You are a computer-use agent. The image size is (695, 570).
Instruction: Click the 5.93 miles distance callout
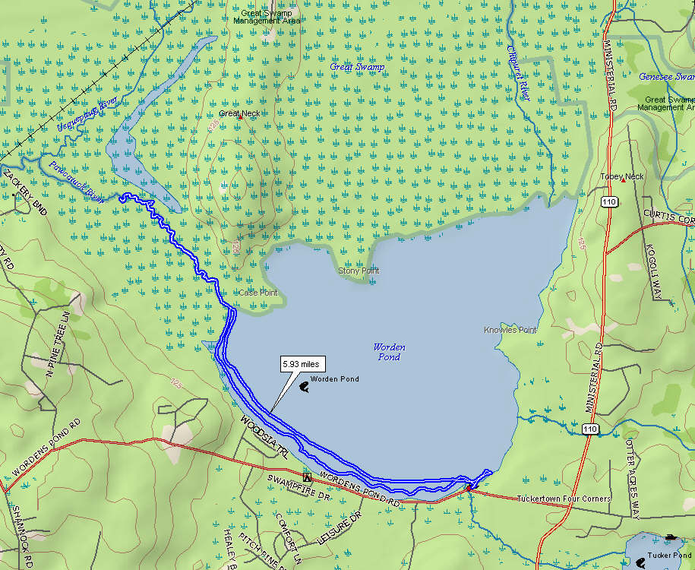click(x=300, y=365)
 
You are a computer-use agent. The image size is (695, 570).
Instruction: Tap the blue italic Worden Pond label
click(x=389, y=352)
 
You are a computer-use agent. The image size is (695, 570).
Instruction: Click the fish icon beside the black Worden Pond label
click(x=304, y=387)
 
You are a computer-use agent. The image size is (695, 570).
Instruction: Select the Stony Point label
click(x=359, y=271)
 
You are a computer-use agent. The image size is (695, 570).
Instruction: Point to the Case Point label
click(x=258, y=293)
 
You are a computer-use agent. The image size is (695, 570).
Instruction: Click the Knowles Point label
click(x=510, y=331)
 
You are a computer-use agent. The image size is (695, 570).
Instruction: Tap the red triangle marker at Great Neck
click(x=240, y=118)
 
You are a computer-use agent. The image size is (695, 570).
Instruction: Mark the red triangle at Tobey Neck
click(x=623, y=180)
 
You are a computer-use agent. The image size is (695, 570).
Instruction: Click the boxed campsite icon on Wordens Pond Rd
click(x=307, y=477)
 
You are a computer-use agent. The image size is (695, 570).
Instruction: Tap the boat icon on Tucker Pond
click(x=670, y=538)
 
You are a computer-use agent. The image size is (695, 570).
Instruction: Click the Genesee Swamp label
click(x=666, y=77)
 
